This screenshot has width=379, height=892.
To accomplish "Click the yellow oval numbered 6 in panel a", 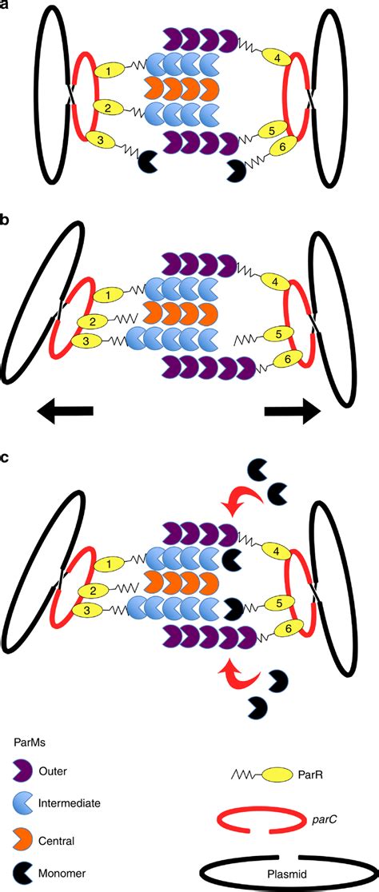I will point(281,146).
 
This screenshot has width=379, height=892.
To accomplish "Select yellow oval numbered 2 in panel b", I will point(93,322).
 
